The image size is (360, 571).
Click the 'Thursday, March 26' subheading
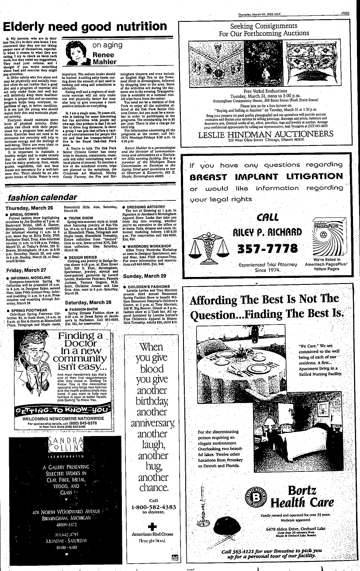tap(30, 208)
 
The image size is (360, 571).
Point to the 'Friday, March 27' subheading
tap(27, 270)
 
